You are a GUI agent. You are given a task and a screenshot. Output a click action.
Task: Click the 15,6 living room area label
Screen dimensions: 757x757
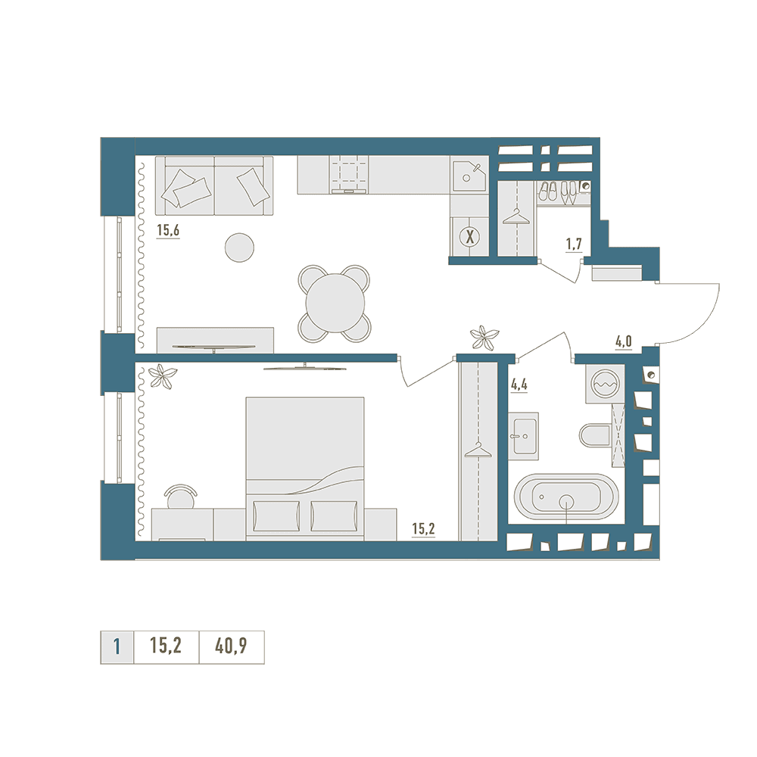(168, 230)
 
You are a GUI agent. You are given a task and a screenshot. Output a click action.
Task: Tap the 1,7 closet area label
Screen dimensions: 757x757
(574, 245)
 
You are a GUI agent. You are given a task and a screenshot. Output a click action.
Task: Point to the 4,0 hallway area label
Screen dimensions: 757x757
(623, 342)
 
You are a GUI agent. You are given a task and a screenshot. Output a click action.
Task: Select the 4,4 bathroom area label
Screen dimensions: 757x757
(519, 385)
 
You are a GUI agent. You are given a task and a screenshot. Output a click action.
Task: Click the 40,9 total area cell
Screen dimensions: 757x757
(231, 646)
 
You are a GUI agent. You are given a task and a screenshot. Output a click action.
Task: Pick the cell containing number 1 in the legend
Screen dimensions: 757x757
(117, 646)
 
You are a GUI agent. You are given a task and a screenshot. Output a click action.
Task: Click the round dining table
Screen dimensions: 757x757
(335, 303)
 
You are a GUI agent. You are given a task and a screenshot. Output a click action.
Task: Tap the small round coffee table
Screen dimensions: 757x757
(239, 248)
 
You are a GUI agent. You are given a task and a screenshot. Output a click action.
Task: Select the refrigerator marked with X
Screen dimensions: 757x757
(469, 236)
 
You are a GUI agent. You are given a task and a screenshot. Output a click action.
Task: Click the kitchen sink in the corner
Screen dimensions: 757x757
(468, 174)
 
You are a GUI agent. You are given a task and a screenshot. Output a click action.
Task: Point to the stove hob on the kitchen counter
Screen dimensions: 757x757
(350, 174)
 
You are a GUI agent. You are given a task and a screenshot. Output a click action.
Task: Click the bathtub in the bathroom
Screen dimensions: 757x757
(565, 497)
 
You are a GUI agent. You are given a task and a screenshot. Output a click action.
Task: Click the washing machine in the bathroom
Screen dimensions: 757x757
(605, 384)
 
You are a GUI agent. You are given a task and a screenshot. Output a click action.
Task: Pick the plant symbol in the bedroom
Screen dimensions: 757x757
(163, 375)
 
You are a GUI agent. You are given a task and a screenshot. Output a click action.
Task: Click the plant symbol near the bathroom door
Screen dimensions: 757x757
(484, 337)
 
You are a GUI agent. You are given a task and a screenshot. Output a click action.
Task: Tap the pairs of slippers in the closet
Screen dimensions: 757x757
(558, 192)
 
